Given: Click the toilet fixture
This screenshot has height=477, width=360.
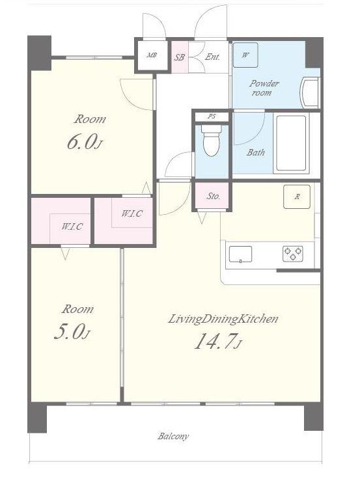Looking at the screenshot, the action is (x=210, y=141).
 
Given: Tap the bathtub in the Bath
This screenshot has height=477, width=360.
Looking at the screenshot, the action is (x=291, y=143).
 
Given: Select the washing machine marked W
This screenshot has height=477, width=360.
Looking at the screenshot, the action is (x=245, y=55).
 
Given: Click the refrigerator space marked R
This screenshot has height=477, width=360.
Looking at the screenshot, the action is (x=297, y=197).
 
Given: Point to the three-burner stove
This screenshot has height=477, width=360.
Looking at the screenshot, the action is (x=293, y=254).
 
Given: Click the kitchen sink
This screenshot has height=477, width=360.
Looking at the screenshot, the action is (x=240, y=254).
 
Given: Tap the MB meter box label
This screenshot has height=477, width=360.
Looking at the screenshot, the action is (x=152, y=55).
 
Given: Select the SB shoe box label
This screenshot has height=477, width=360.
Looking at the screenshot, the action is (x=179, y=57).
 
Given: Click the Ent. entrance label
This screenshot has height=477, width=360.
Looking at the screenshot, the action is (x=212, y=57).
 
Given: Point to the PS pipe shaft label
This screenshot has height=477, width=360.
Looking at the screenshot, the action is (x=212, y=116).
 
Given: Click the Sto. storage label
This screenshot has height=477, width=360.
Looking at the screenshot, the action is (x=214, y=197).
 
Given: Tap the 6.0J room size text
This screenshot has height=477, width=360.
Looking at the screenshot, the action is (x=83, y=143).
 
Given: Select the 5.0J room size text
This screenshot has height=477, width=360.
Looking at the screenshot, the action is (x=71, y=332).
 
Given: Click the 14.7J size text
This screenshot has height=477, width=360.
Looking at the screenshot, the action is (x=218, y=342).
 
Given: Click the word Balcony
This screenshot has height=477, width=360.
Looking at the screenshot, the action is (x=173, y=437).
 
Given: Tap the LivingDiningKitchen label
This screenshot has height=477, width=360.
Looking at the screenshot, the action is (x=223, y=319).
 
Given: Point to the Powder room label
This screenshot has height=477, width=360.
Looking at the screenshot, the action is (x=264, y=88).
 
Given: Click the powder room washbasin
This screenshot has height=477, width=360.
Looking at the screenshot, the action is (x=310, y=92).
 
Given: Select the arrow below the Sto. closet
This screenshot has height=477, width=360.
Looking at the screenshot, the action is (x=202, y=218).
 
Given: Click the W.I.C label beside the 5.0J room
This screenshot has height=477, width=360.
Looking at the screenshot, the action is (x=72, y=226).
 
